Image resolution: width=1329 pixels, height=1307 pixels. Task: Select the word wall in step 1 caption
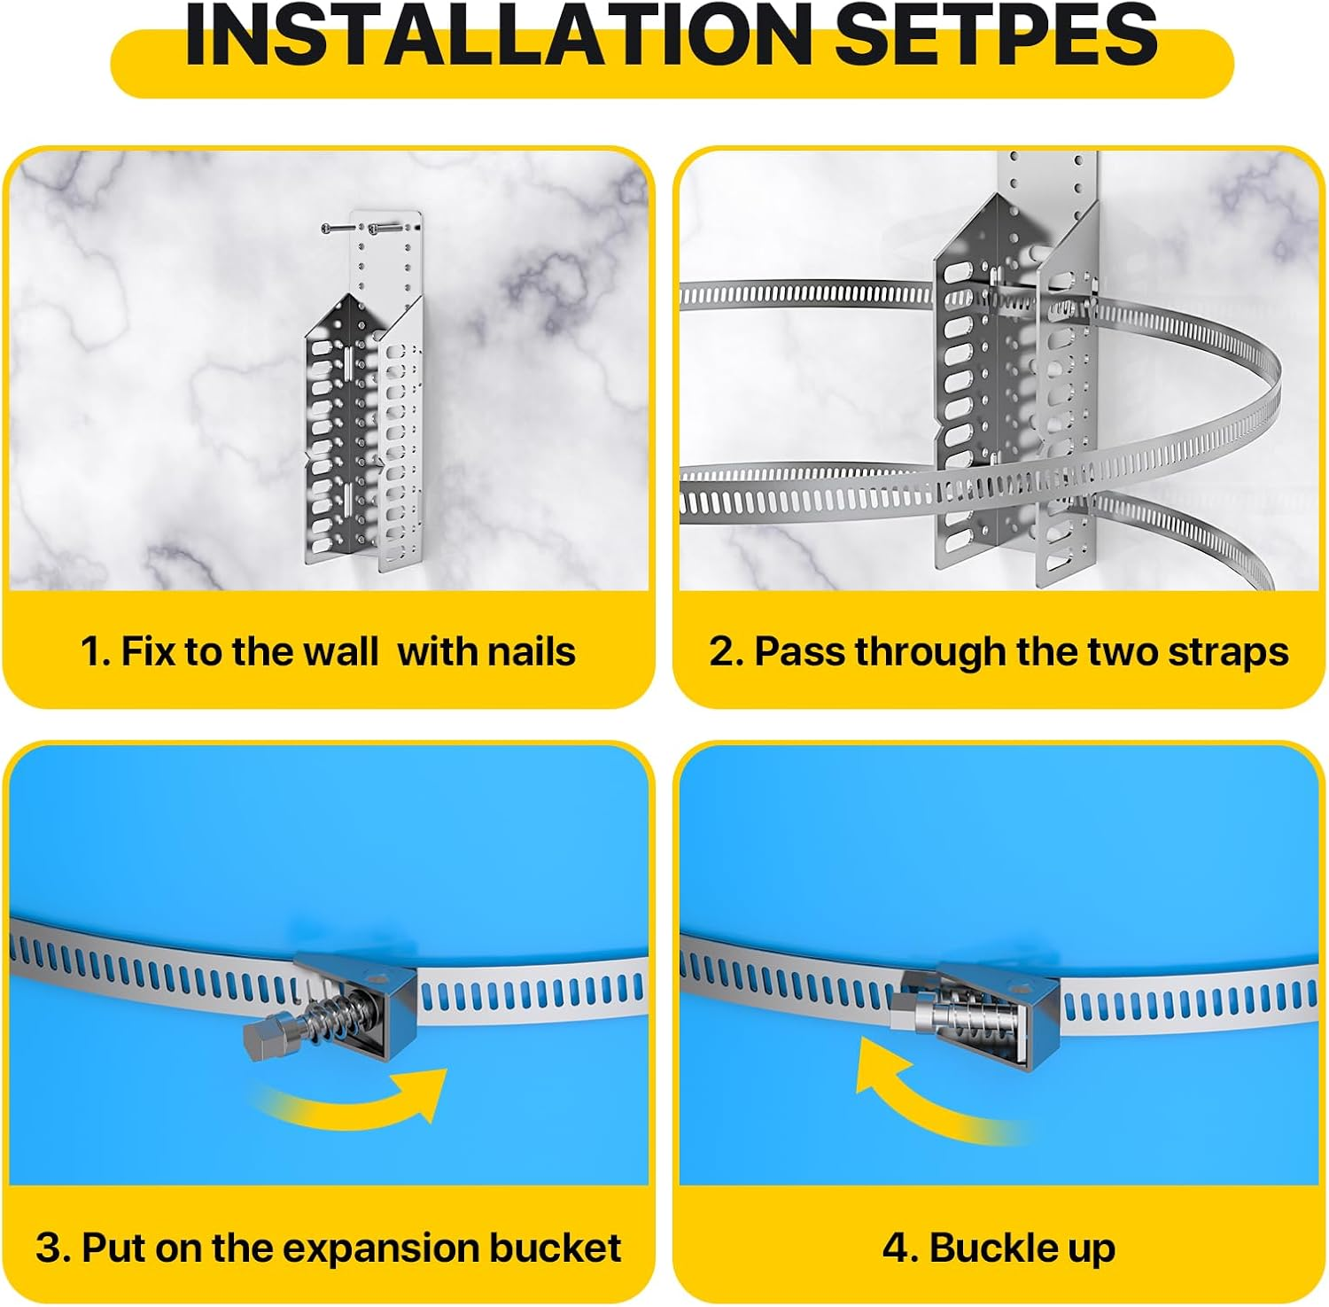point(340,651)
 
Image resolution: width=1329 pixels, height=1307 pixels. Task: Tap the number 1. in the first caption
point(95,651)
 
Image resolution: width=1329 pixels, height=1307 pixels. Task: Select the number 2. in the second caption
point(725,651)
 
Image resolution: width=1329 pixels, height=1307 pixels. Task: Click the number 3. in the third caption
point(53,1248)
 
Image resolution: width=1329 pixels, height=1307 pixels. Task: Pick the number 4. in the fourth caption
point(899,1248)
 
